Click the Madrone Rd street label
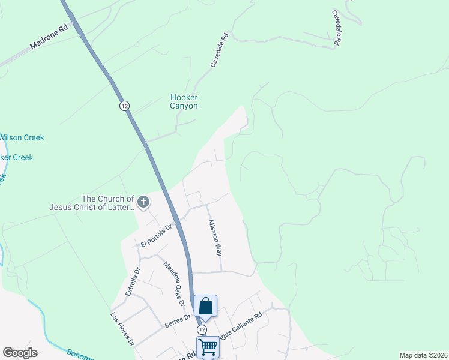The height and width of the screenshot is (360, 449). [x=50, y=38]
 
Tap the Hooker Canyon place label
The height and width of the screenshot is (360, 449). [x=184, y=101]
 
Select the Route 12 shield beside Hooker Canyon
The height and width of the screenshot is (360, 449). [x=124, y=106]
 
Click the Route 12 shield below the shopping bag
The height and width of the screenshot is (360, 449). [x=202, y=329]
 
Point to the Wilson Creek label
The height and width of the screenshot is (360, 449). [x=22, y=137]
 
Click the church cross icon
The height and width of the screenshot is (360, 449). [x=143, y=202]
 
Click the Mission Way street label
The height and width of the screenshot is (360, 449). [x=215, y=238]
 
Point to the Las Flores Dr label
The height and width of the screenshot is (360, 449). [x=122, y=329]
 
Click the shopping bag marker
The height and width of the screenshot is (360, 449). [x=205, y=306]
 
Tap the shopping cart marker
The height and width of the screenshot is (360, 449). [x=208, y=347]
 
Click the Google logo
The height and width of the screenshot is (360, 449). [x=20, y=353]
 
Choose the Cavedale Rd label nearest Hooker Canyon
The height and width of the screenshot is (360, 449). [x=218, y=49]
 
